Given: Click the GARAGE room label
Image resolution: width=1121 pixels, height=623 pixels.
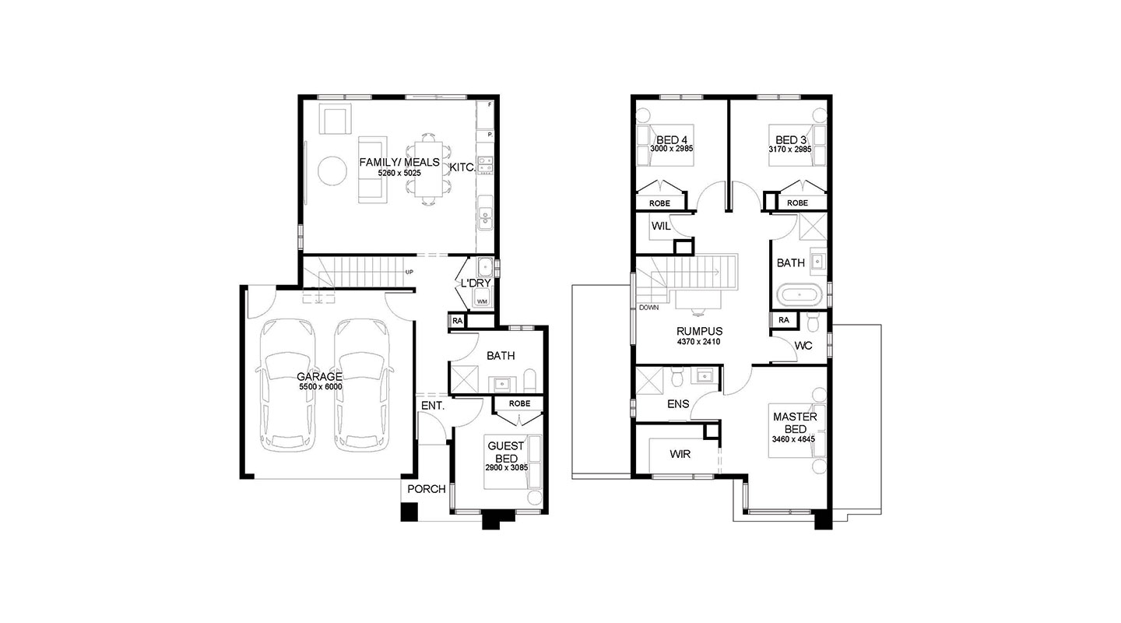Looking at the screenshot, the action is [x=319, y=377].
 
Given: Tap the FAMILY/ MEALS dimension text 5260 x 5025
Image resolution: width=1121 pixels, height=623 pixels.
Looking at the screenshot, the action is [x=399, y=174].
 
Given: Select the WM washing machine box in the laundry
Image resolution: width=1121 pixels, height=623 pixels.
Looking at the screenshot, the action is [x=482, y=301].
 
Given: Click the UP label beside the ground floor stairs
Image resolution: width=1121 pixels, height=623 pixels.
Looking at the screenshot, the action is [x=409, y=273].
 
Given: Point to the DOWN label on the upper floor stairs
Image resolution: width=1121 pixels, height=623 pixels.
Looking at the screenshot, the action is [x=648, y=308].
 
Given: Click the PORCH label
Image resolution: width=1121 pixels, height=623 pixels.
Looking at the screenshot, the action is [x=427, y=489].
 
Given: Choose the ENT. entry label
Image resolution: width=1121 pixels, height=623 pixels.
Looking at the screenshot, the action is [x=433, y=406].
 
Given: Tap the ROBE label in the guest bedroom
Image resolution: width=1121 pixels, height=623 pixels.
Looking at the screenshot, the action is [x=519, y=403].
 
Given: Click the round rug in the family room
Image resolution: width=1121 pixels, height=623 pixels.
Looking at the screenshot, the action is [x=332, y=171].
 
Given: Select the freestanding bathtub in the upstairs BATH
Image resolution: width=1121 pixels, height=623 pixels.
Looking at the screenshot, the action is [x=802, y=294].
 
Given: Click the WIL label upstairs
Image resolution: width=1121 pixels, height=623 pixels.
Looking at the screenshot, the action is [x=661, y=227].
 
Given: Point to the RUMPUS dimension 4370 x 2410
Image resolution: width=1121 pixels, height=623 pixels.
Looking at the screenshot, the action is [x=698, y=342].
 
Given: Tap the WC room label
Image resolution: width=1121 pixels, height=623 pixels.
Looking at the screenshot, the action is [x=803, y=346].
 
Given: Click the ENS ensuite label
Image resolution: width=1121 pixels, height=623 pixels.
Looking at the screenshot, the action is [x=678, y=403].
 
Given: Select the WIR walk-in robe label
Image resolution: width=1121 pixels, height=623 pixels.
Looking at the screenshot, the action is [x=680, y=454].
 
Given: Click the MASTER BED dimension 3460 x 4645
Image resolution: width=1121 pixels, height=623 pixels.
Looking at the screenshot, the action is [x=793, y=440].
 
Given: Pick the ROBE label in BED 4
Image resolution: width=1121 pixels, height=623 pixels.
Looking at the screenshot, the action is [x=659, y=203].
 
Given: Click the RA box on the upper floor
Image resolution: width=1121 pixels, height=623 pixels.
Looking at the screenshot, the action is [x=784, y=320].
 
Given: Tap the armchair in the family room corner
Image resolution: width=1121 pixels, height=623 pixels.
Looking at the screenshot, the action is [x=336, y=119].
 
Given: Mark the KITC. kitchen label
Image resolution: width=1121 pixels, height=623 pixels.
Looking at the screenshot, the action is [x=462, y=167].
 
